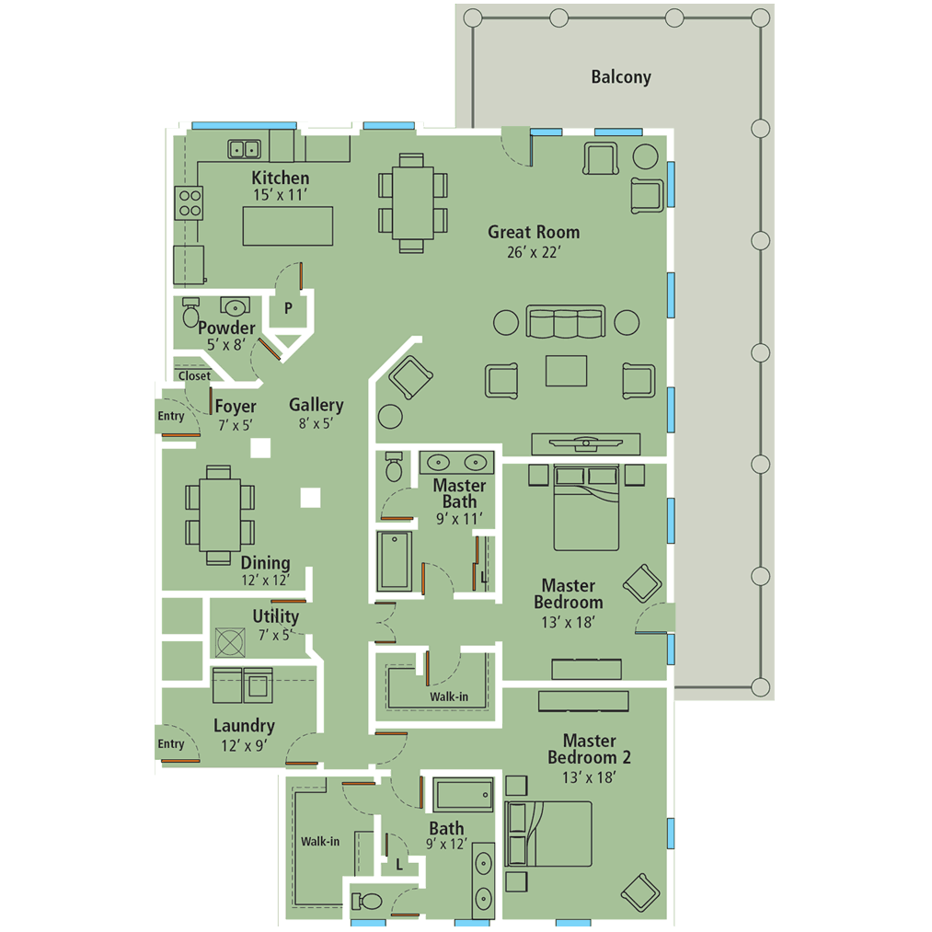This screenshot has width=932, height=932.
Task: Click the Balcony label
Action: coord(621,77)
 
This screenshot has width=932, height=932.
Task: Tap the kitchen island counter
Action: coord(288,225)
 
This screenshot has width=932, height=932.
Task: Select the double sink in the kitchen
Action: coord(245,148)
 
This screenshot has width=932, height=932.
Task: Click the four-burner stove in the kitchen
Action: coord(189,202)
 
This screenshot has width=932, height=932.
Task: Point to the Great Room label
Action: coord(534,232)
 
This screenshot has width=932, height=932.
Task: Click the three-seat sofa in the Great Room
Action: coord(565,322)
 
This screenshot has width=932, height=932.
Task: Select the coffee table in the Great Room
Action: coord(566,371)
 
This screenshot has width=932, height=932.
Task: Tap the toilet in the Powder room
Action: coord(191,314)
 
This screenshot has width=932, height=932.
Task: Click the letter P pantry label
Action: coord(288,309)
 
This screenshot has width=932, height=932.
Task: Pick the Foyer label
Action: coord(236,407)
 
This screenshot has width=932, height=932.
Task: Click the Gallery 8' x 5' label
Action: coord(316,413)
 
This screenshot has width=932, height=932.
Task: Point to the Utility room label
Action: coord(275,616)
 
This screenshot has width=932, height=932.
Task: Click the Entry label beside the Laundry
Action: coord(171,744)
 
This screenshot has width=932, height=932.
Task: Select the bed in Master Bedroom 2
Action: coord(549,834)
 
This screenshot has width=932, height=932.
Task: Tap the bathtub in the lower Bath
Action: coord(465,794)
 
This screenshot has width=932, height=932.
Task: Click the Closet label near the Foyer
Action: coord(194,375)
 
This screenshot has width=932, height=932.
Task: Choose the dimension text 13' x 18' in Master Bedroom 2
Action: coord(589,777)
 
